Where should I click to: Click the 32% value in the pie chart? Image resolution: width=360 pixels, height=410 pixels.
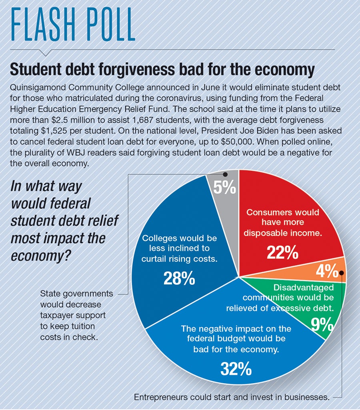236,369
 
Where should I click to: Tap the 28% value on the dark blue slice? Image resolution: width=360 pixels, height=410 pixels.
179,278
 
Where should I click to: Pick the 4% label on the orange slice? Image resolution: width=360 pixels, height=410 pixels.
327,272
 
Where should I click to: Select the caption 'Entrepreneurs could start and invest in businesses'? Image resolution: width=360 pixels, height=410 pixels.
232,398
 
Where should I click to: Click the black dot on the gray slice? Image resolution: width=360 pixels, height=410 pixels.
225,174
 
